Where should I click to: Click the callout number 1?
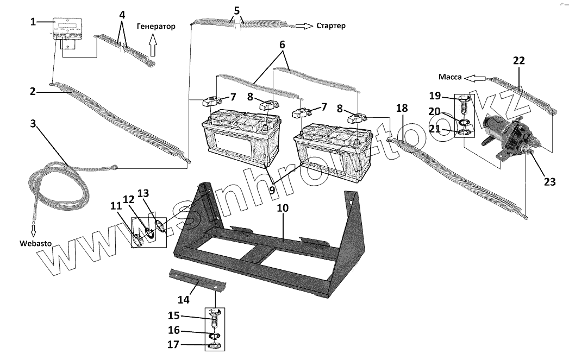point(34,22)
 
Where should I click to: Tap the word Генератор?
point(156,26)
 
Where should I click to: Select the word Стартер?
point(330,26)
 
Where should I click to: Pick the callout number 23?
point(549,181)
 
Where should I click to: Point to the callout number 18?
point(402,108)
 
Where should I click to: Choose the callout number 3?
point(34,124)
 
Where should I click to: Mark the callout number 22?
point(519,61)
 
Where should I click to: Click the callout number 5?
point(236,10)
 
